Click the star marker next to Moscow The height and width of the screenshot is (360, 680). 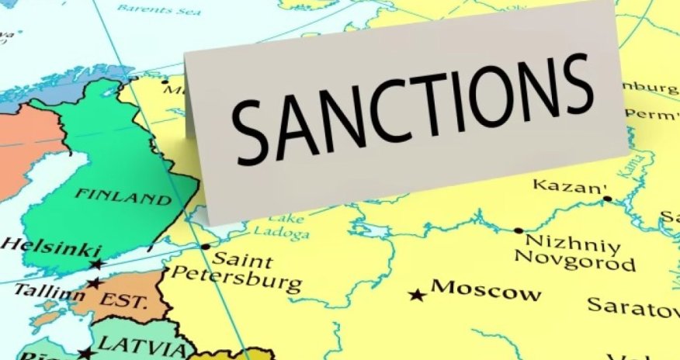[x=418, y=295]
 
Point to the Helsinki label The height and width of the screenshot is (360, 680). [x=50, y=247]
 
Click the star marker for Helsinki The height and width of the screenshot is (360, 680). [x=96, y=265]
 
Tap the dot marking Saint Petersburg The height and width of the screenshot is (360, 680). [x=206, y=247]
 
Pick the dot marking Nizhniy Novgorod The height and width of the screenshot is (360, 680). [x=518, y=230]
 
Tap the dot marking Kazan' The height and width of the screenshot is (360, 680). [x=607, y=199]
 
